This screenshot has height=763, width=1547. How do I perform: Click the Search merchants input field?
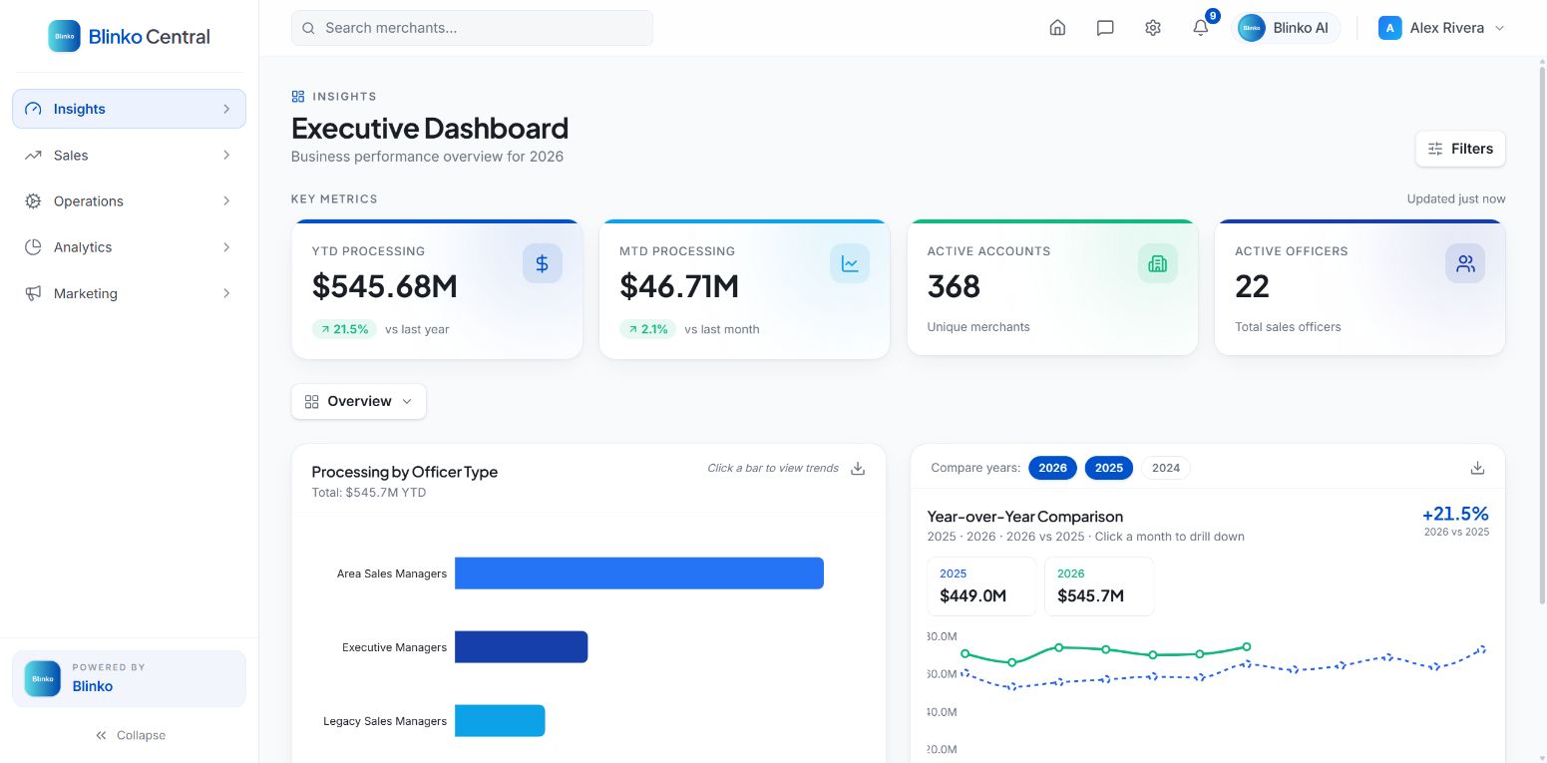(472, 28)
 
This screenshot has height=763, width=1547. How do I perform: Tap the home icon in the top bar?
(1057, 28)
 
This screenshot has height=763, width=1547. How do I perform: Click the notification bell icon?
(1200, 28)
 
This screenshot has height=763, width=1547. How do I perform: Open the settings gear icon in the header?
(1153, 28)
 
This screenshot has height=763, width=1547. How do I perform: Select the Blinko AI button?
(1286, 28)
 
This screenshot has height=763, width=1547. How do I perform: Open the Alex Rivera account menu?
(1441, 28)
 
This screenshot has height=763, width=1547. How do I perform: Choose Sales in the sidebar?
(129, 156)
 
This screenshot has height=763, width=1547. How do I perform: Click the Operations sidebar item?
(129, 200)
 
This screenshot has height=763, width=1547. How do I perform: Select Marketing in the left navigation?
(129, 293)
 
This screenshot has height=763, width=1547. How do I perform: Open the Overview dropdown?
(358, 401)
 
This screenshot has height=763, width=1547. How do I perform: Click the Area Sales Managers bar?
(638, 573)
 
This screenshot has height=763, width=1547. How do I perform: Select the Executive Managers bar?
(521, 647)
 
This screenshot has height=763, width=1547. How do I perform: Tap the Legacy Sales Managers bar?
(500, 721)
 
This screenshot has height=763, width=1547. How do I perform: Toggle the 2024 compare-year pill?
(1166, 468)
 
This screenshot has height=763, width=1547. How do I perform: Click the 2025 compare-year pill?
(1108, 468)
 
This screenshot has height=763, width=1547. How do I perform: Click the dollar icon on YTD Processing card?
(543, 263)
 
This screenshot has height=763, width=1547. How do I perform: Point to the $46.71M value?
(679, 286)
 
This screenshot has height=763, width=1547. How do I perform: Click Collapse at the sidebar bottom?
(131, 735)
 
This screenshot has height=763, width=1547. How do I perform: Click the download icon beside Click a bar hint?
(858, 468)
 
